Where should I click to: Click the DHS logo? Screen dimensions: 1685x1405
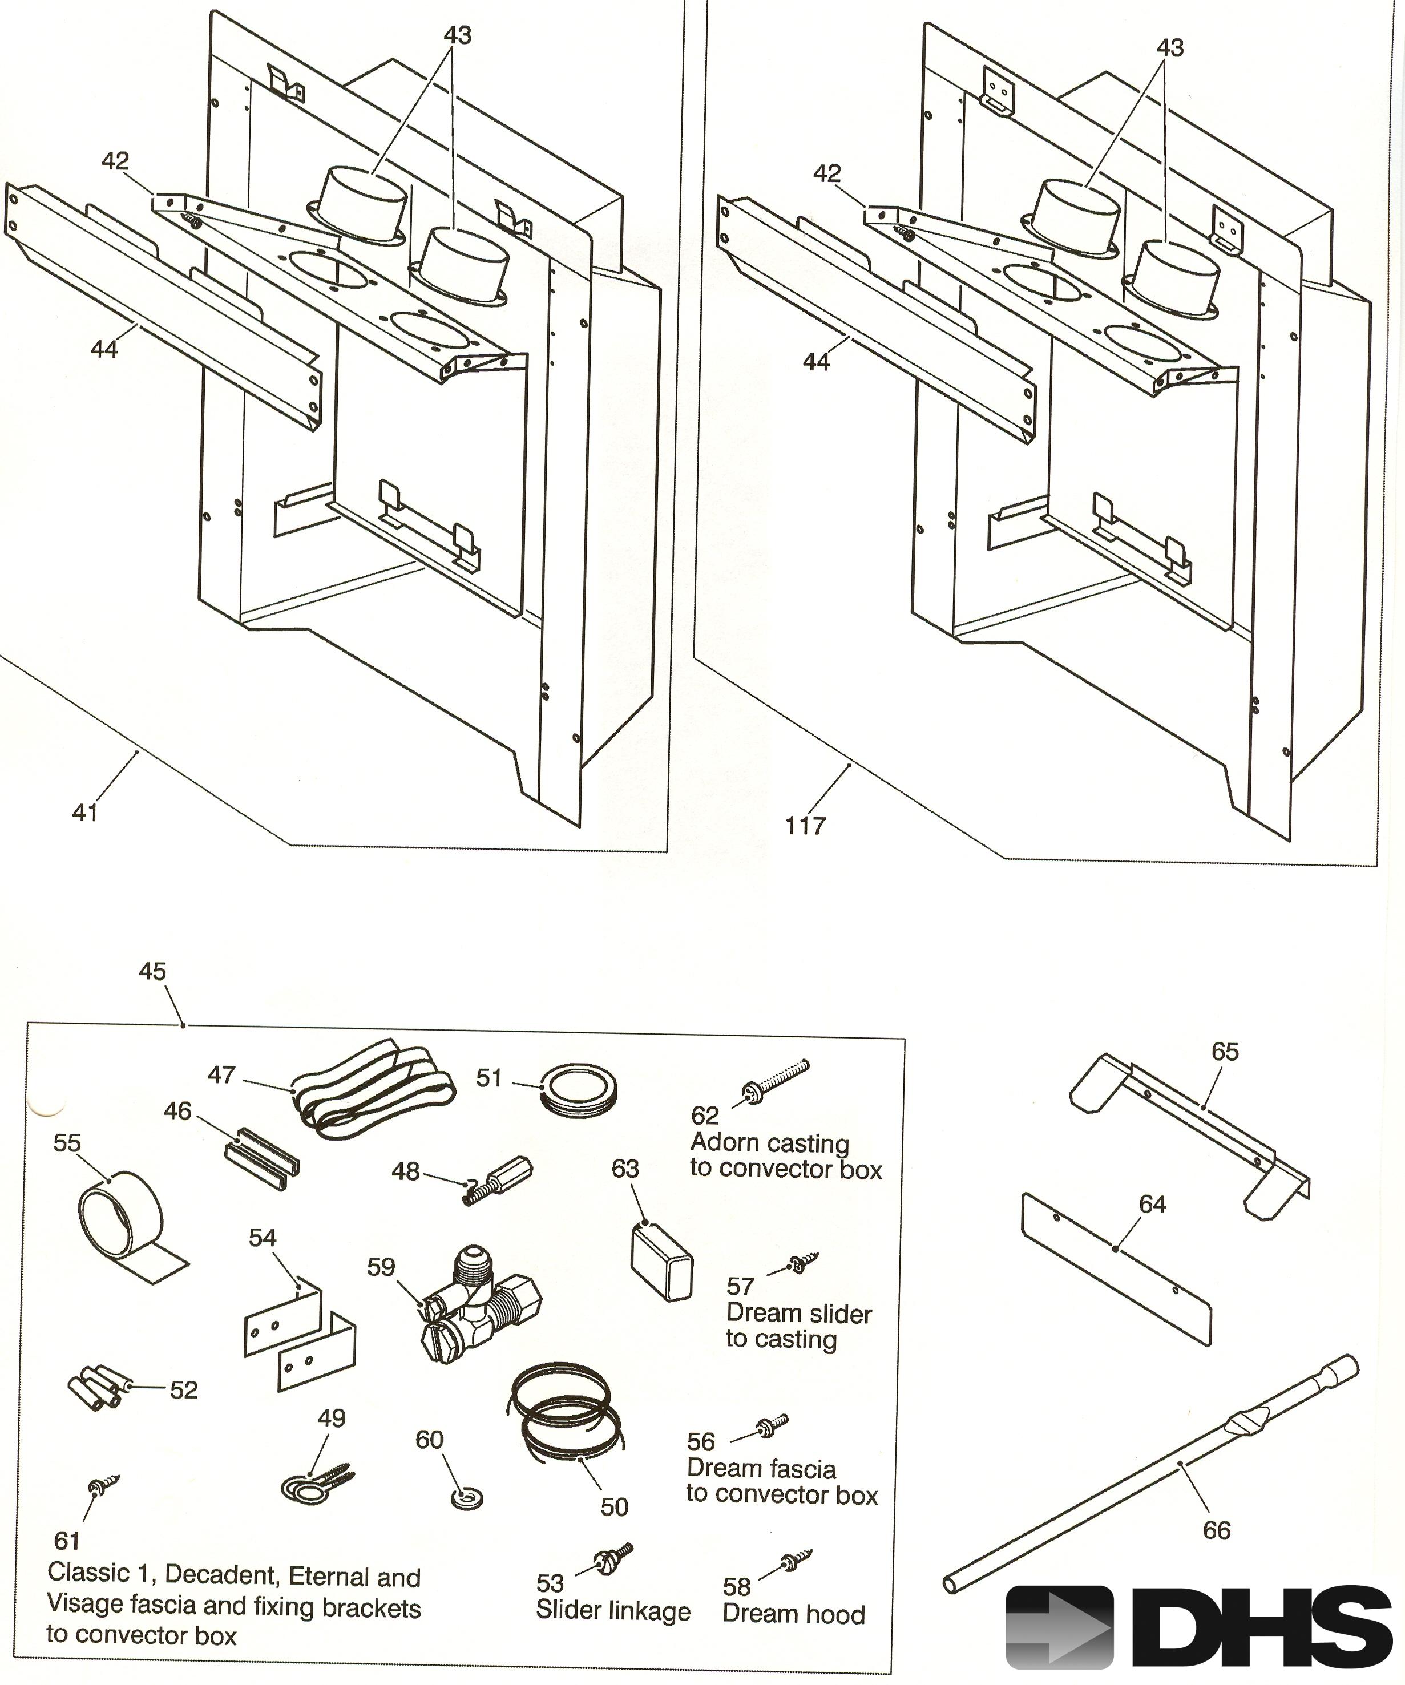[1198, 1626]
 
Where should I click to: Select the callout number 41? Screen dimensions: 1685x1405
[85, 813]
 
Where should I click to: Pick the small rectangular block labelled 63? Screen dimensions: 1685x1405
[661, 1262]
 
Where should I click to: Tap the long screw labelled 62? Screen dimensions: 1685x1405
[777, 1079]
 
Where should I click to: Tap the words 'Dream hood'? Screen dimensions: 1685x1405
[794, 1614]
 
